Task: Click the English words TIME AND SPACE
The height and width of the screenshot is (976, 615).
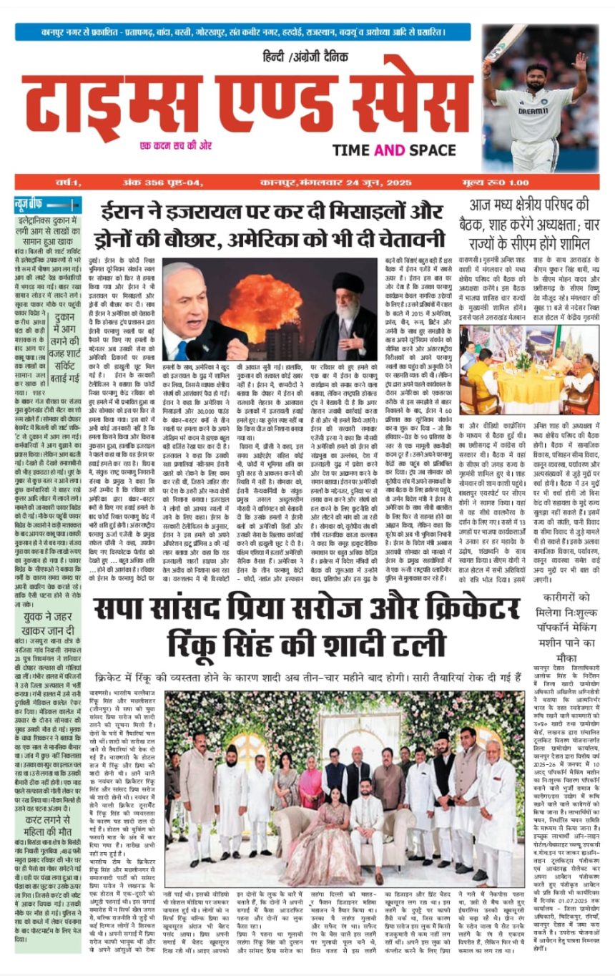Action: coord(393,150)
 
